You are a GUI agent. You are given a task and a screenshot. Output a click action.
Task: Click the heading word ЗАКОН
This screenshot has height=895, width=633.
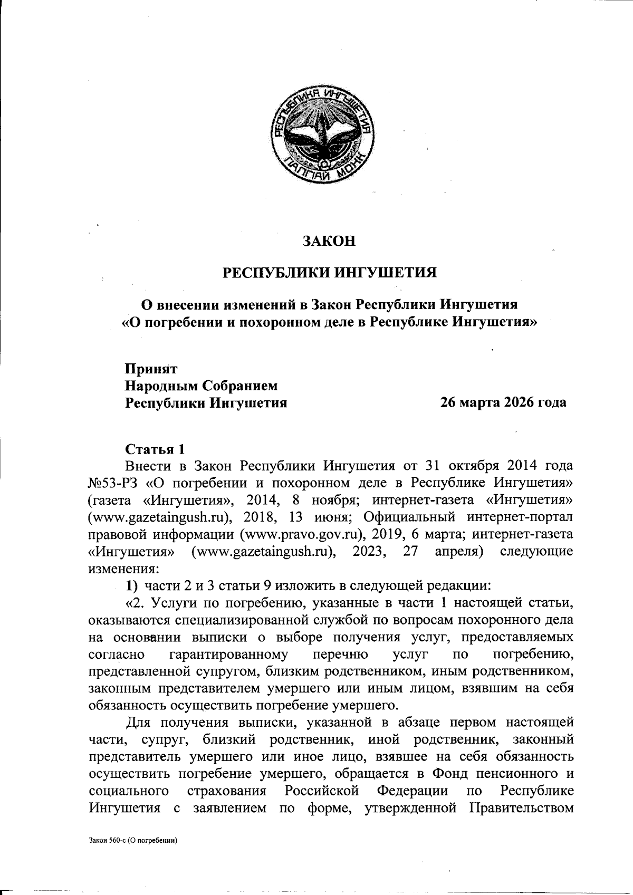(329, 242)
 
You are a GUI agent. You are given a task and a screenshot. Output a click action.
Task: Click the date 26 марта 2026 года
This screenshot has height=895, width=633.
(503, 403)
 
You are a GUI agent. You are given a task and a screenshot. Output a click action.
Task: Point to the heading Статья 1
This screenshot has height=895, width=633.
(155, 449)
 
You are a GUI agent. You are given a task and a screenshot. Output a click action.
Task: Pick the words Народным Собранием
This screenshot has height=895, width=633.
(201, 386)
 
